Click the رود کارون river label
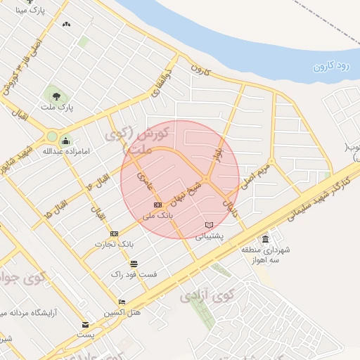pos(333,66)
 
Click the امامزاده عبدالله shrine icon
pos(67,140)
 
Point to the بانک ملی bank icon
pos(157,205)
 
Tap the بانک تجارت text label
pos(114,244)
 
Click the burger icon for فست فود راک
pos(134,264)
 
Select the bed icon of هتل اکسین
pos(122,302)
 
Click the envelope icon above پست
pos(86,325)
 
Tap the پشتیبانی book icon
pos(208,225)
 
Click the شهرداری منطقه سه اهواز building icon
pos(264,239)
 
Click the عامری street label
pos(145,179)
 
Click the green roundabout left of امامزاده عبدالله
pos(51,136)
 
